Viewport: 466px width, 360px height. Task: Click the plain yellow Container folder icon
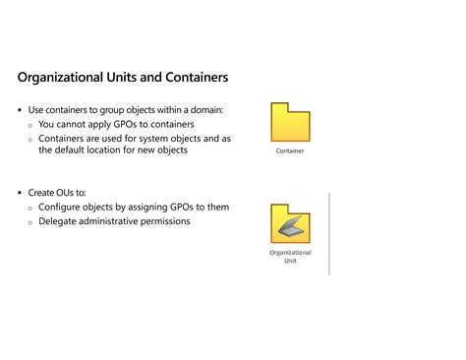290,122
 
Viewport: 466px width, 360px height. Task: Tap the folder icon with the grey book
290,222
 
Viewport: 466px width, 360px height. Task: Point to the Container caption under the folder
290,150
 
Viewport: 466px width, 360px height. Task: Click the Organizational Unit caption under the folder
290,257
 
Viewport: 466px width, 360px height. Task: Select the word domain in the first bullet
206,109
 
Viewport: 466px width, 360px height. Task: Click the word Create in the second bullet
44,193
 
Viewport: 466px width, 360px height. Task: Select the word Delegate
61,221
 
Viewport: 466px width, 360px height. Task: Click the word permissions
161,221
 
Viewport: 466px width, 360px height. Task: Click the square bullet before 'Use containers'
20,110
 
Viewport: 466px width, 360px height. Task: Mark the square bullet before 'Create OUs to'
20,194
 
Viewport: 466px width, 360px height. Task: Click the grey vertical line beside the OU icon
329,233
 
